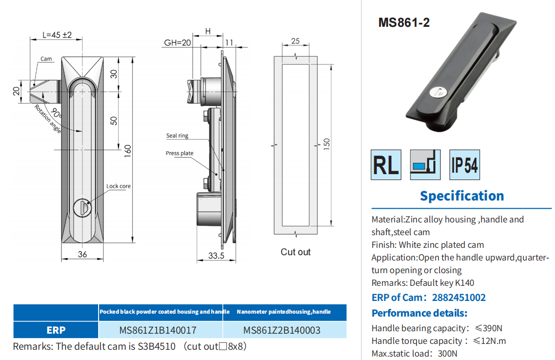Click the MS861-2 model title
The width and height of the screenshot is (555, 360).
404,23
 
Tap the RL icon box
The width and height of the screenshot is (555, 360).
386,164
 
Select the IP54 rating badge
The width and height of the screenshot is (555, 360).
464,164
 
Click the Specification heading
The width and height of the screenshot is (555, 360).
462,196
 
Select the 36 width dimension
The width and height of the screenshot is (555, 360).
82,254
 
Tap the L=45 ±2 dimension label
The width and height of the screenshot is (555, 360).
57,35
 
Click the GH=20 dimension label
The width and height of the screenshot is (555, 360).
177,43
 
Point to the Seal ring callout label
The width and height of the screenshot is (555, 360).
177,136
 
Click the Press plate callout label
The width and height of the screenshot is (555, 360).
179,153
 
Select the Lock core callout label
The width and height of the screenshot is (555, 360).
119,186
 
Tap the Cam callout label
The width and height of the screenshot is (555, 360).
46,59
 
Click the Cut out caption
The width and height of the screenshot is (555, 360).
295,252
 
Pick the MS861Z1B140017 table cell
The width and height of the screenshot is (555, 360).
158,330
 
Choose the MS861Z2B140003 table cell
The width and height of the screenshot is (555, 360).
282,330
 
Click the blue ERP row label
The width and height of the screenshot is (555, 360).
56,330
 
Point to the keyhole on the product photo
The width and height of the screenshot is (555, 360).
452,91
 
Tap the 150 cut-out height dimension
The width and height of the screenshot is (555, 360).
327,144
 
